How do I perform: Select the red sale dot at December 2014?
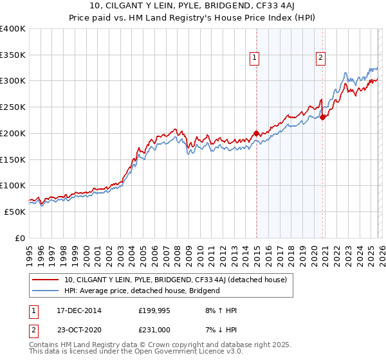(257, 133)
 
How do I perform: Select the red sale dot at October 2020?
(322, 117)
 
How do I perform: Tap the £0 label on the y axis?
(19, 238)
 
